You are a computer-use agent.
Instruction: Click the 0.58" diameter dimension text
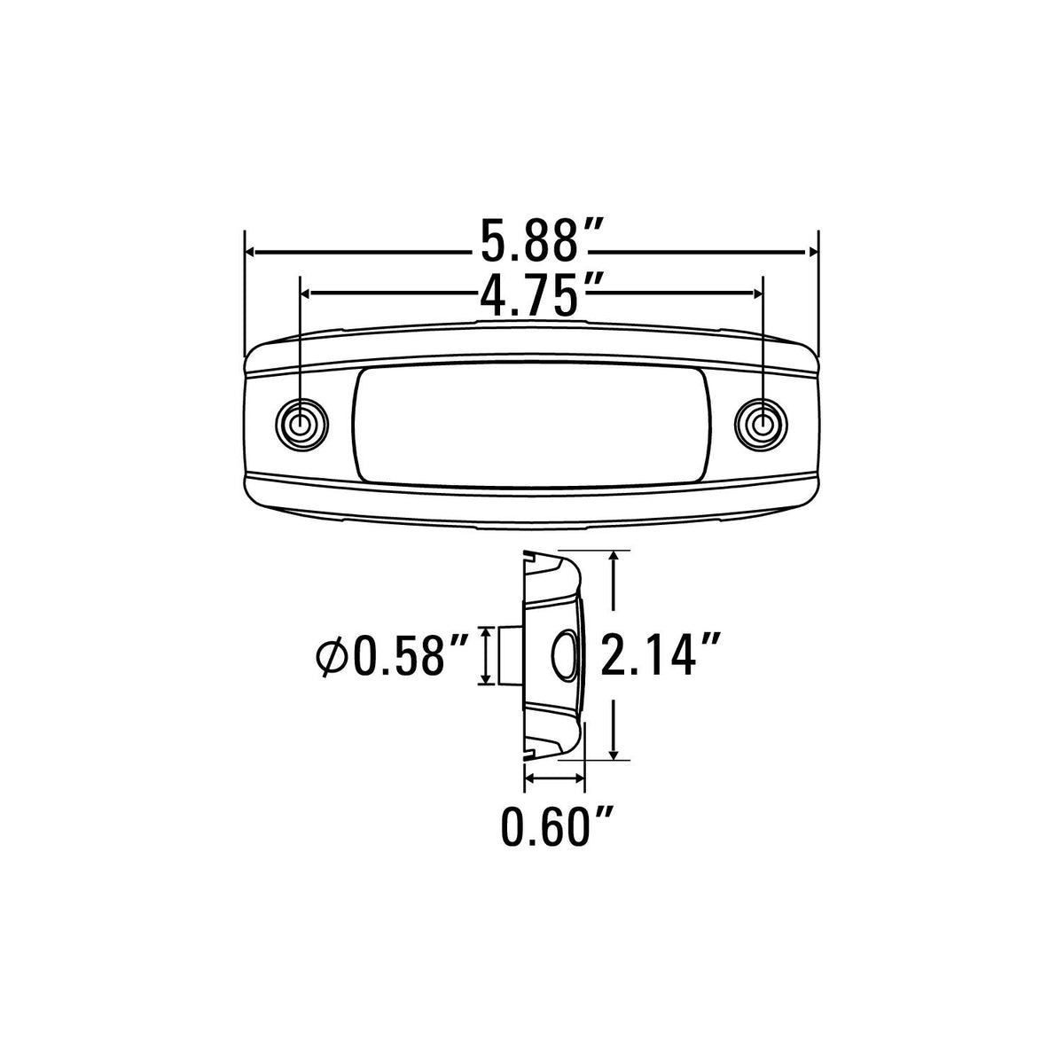(x=408, y=655)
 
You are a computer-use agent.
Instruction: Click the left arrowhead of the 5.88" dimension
(x=249, y=253)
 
